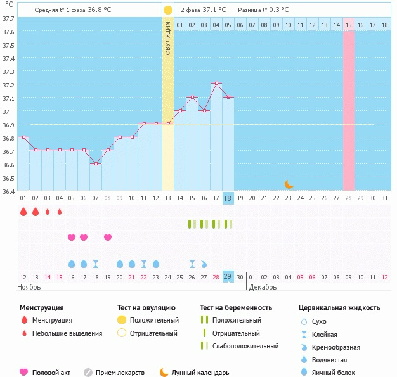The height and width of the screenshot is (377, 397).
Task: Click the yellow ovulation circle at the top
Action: (x=167, y=10)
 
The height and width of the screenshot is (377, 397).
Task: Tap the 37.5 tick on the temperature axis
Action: (x=8, y=46)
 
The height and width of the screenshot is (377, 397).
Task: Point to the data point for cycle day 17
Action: (x=216, y=84)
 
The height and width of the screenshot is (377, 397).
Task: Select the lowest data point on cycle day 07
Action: (x=96, y=163)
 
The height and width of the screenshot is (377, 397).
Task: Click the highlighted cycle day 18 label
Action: (x=228, y=198)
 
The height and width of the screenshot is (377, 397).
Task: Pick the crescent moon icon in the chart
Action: (x=289, y=184)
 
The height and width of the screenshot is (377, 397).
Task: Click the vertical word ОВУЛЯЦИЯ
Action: (x=168, y=39)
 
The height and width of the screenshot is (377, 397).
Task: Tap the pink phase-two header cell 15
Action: (x=349, y=25)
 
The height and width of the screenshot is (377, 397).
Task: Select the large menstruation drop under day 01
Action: (x=23, y=212)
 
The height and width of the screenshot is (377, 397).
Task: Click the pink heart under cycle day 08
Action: (x=108, y=238)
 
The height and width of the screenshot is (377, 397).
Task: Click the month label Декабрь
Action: (x=262, y=287)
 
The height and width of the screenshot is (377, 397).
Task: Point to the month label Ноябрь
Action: (x=29, y=287)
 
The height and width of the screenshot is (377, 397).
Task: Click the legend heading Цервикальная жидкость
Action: (x=339, y=307)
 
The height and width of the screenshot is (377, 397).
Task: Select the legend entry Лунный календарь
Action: (x=200, y=373)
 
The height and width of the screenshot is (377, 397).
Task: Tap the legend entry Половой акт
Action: (x=50, y=373)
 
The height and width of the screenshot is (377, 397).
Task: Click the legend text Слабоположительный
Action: (x=245, y=346)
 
